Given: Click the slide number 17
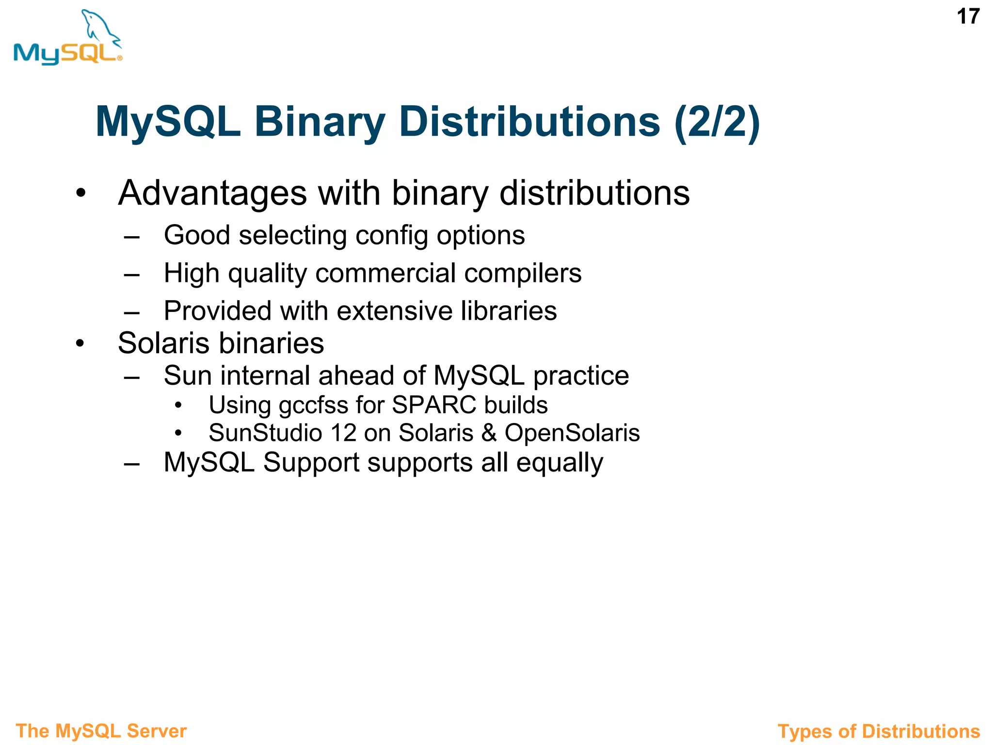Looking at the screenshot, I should point(968,17).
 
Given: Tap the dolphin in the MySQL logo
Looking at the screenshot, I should point(100,28).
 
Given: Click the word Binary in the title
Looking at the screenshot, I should point(320,122).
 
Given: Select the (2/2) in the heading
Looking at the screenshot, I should point(717,122).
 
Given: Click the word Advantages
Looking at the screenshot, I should point(212,193).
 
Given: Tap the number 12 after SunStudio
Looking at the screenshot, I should point(343,433).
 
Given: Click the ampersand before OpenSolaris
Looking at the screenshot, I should point(489,433).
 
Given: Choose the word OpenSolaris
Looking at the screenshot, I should point(572,433).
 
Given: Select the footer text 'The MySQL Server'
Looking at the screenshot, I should point(101,731).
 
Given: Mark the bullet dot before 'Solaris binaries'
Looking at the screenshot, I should point(80,344).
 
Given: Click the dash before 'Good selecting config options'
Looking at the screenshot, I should point(131,237).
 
